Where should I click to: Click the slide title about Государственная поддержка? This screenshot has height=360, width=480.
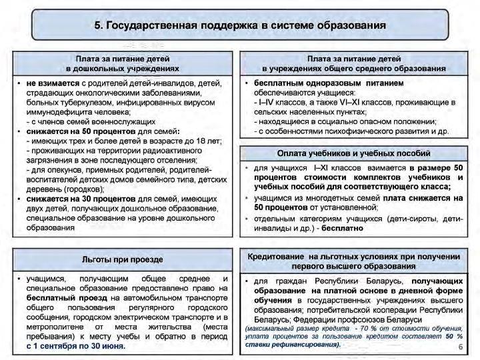click(240, 26)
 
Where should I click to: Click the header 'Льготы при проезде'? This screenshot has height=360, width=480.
click(123, 259)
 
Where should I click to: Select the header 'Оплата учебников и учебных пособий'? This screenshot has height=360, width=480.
click(355, 153)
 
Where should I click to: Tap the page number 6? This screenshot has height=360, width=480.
click(461, 347)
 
